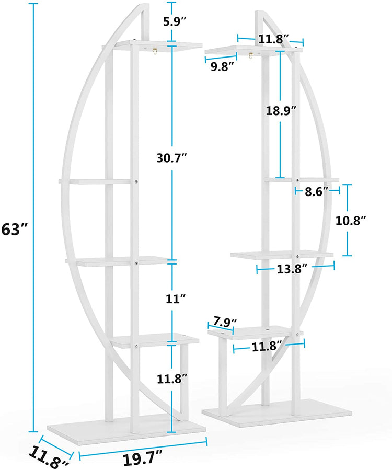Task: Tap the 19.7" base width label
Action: pos(143,460)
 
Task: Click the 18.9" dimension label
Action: pos(280,110)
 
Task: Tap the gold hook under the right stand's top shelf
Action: pos(251,55)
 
